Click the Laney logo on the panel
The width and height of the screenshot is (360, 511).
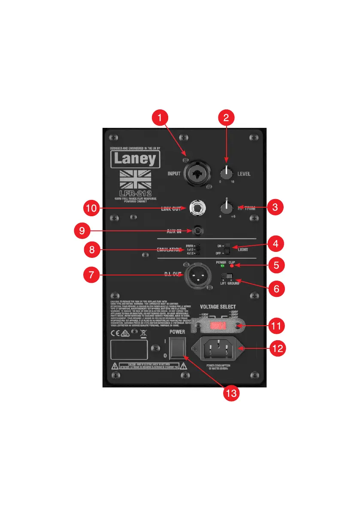(x=135, y=160)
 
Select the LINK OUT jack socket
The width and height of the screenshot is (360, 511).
(x=197, y=209)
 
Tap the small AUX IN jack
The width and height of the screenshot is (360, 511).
(x=198, y=231)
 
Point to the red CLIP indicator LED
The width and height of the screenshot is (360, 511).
(x=232, y=266)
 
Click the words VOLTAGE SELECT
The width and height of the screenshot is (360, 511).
(x=218, y=307)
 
